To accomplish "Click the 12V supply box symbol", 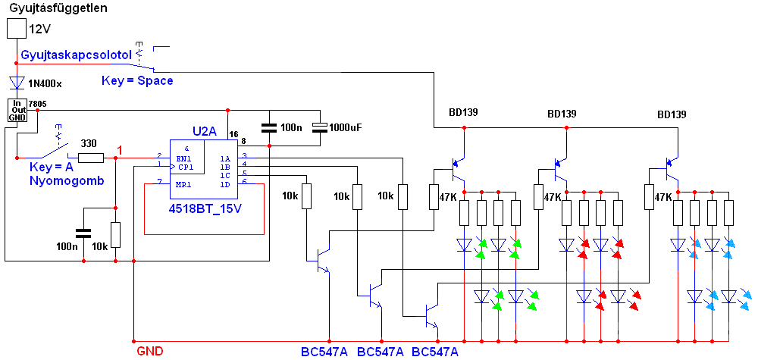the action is point(17,29).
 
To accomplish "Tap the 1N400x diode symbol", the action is point(17,83).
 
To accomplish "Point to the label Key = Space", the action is point(137,80).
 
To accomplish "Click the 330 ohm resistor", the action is point(90,158).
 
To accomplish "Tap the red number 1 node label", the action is point(120,151).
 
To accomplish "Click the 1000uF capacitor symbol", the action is point(321,127).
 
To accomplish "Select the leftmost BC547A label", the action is point(324,352).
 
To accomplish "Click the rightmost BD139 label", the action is point(672,115).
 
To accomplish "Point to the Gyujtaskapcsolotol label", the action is point(75,55).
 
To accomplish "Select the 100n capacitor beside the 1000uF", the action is point(269,127).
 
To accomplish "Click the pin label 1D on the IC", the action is point(225,185).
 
